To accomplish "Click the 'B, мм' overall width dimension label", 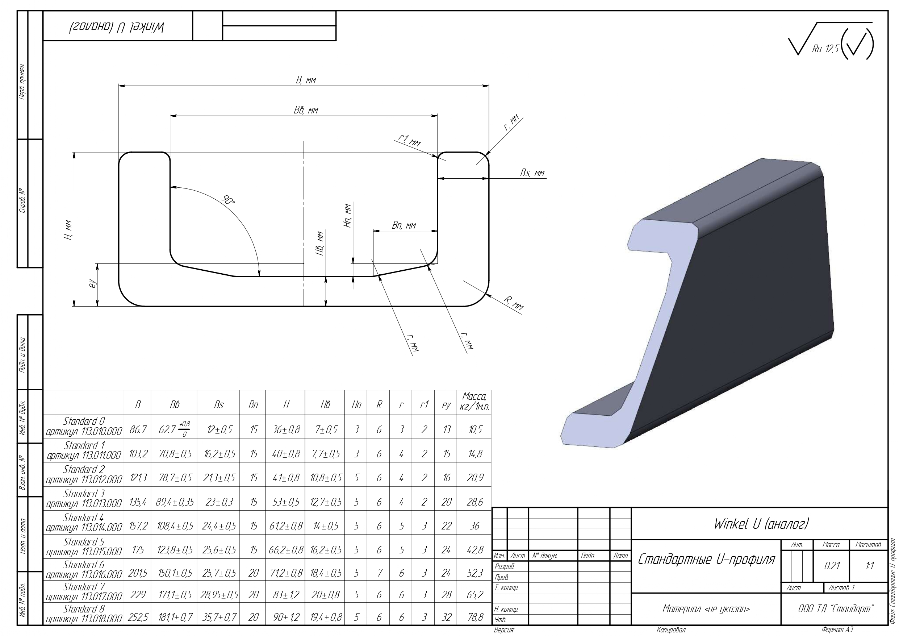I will pos(306,80).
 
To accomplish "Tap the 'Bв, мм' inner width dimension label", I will pos(306,110).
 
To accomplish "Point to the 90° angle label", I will pos(228,201).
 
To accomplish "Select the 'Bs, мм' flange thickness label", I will pos(532,173).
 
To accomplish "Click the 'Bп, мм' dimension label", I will pos(404,225).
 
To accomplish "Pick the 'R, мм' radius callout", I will pos(513,303).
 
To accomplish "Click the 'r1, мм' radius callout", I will pos(409,140).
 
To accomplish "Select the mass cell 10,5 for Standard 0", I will pos(474,430).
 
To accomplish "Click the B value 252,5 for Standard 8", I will pos(138,617).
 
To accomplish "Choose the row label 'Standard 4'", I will pos(84,522).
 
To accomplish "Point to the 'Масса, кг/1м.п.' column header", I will pos(474,402).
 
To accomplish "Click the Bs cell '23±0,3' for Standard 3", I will pos(218,502).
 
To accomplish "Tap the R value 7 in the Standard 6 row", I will pos(379,573).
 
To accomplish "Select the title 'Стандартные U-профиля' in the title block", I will pos(706,559).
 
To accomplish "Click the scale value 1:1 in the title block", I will pos(869,566).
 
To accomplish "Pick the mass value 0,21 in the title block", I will pos(832,566).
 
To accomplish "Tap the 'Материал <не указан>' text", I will pos(706,609).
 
